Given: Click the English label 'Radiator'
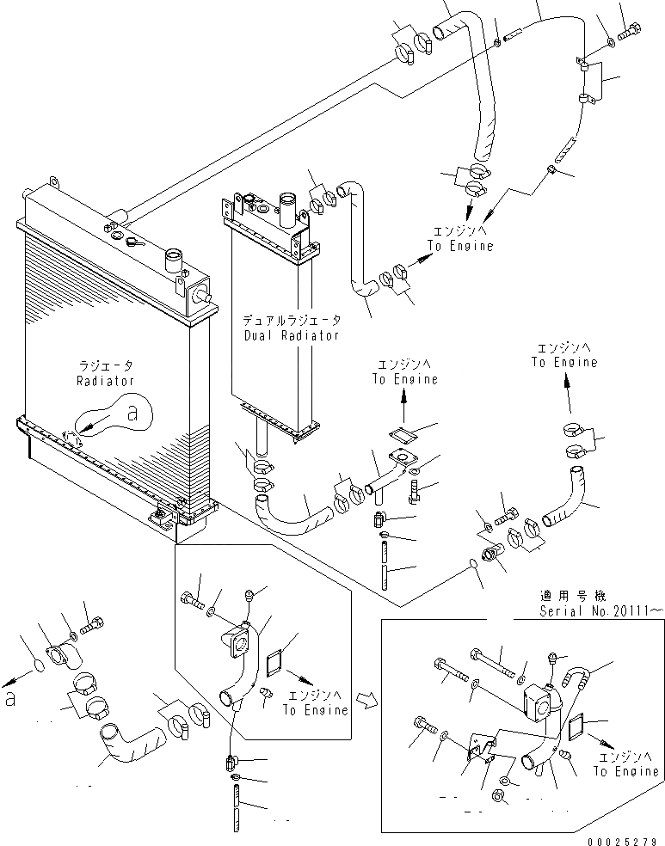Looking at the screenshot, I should [103, 380].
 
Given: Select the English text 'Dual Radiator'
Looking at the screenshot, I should [292, 336].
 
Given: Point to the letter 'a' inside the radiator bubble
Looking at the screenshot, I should [132, 414].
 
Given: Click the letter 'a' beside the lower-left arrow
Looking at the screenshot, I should [9, 699].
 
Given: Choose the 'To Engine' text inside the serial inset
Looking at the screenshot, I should [626, 771].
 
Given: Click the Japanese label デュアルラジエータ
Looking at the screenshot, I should [292, 321].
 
